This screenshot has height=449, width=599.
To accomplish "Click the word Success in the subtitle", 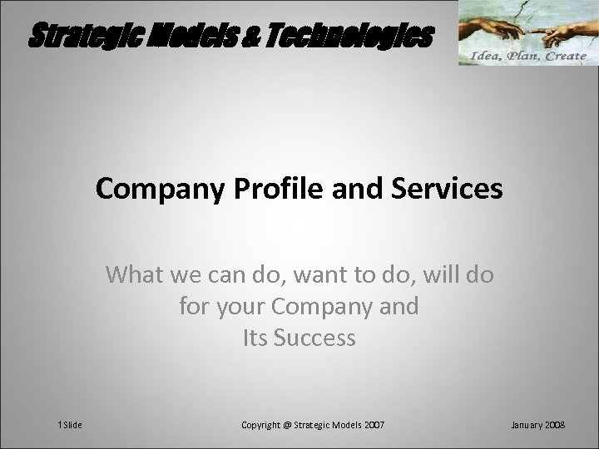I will click(315, 338).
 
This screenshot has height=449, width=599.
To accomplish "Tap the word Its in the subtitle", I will click(256, 338).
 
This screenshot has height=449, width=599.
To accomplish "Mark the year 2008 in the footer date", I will click(555, 424).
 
